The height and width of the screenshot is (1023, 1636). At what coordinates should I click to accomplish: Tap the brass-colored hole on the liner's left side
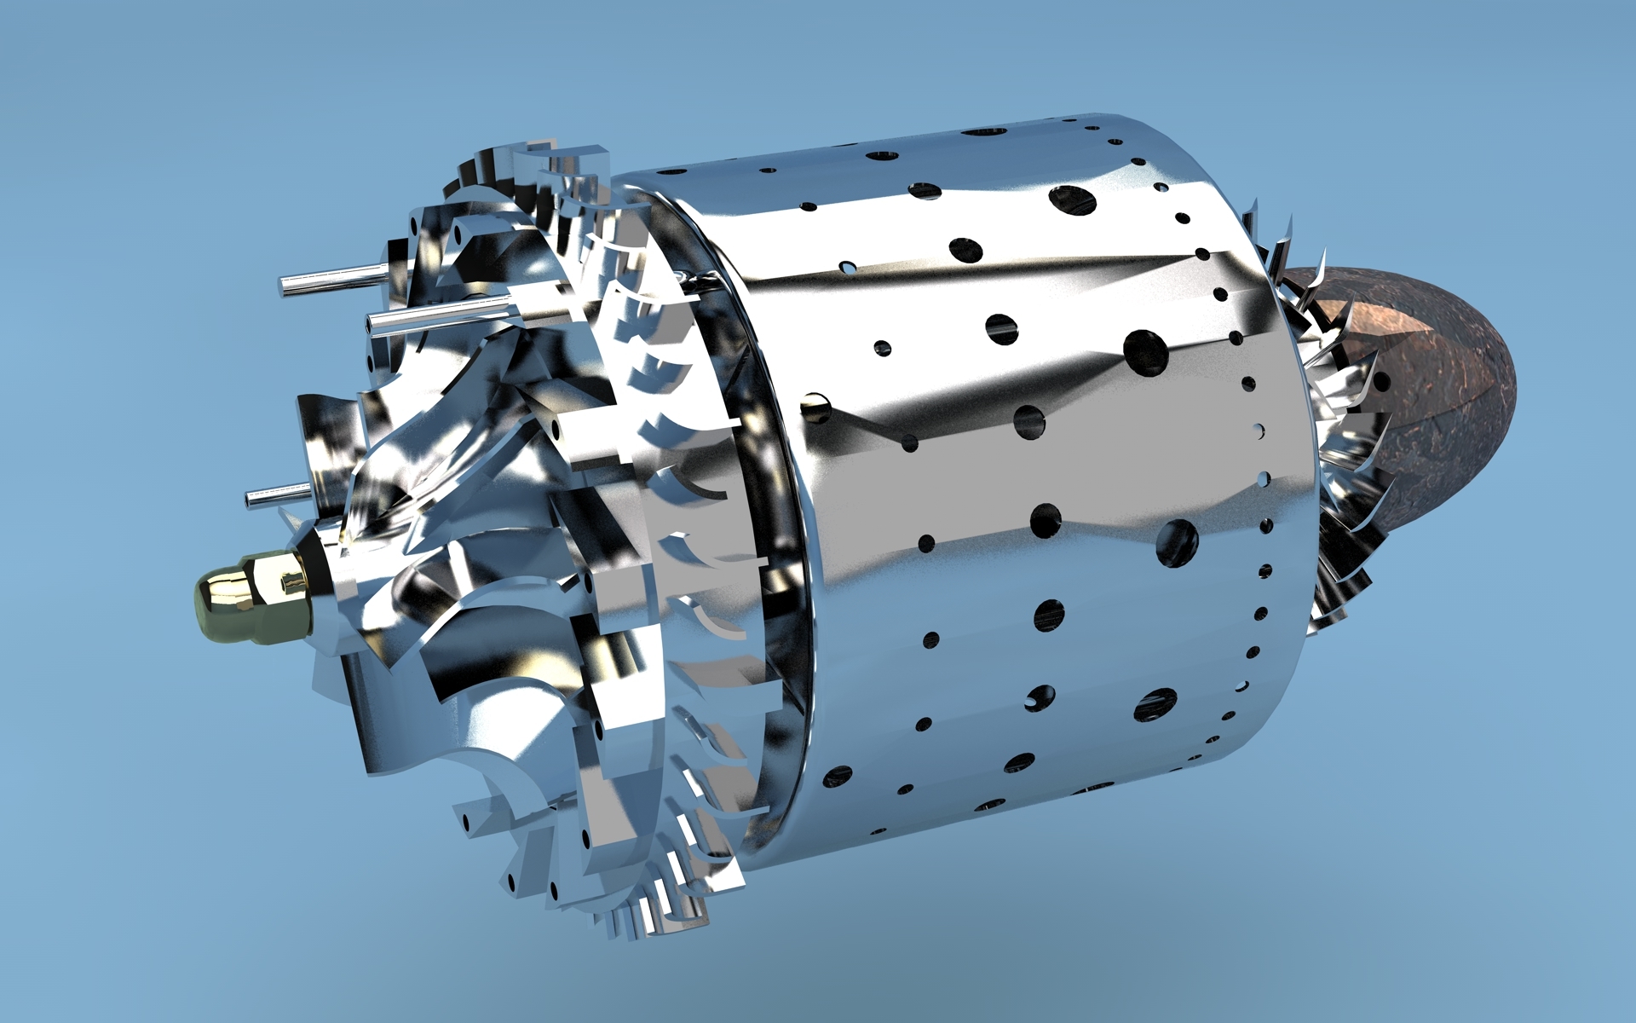click(x=816, y=408)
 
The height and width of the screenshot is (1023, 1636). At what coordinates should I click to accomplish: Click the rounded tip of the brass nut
click(x=204, y=604)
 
